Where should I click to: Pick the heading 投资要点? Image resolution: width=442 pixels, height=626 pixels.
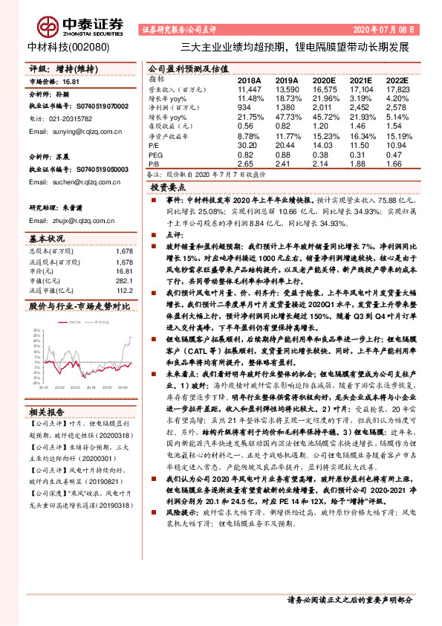click(x=167, y=189)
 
